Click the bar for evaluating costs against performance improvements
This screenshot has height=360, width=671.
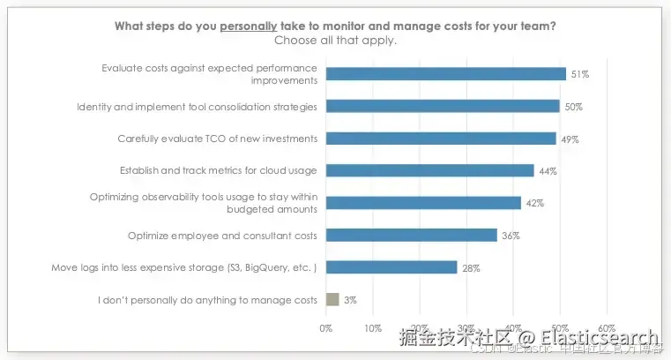click(x=445, y=74)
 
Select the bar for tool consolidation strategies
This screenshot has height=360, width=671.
click(x=443, y=106)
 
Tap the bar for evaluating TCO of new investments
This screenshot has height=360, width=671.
click(x=441, y=139)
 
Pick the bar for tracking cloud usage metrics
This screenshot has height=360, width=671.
click(x=429, y=170)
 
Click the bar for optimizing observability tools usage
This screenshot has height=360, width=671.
click(x=423, y=203)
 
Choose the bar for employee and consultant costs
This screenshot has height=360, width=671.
click(x=411, y=235)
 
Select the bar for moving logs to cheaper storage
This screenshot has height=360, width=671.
click(x=391, y=267)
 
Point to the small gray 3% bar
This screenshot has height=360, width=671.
click(x=332, y=299)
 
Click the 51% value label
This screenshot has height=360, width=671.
click(x=579, y=74)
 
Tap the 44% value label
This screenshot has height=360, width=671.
click(x=548, y=170)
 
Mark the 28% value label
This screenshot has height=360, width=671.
click(x=471, y=267)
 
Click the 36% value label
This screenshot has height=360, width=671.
click(x=511, y=236)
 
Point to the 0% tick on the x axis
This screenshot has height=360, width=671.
click(x=326, y=327)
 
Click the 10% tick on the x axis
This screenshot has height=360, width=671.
click(x=373, y=327)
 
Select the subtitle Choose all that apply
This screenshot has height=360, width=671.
click(x=335, y=40)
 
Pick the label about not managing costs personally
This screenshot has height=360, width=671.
click(x=208, y=300)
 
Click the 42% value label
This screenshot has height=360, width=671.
click(x=534, y=203)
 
